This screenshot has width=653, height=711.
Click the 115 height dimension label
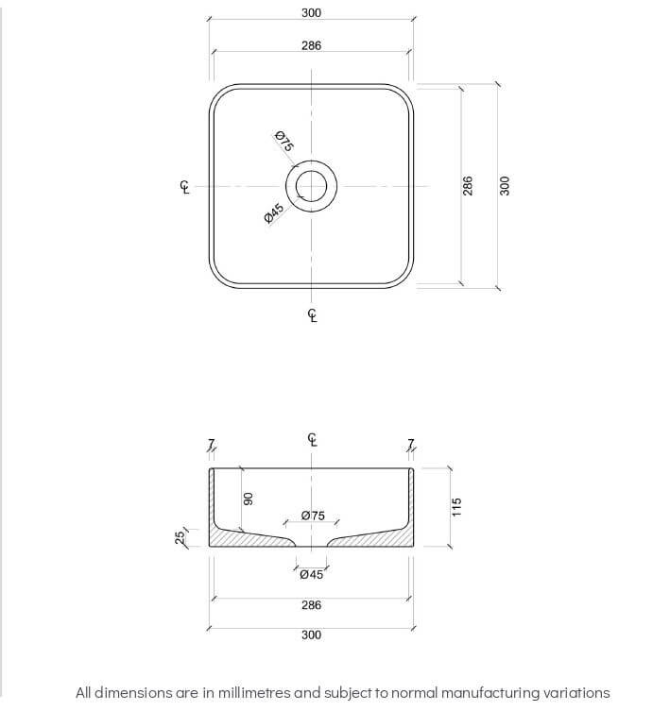[456, 507]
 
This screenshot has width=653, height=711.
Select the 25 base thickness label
[179, 537]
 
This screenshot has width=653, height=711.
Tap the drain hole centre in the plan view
[312, 186]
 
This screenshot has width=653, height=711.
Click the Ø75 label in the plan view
[284, 142]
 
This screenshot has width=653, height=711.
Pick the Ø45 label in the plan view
[273, 213]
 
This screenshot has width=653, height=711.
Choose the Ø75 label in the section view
[312, 516]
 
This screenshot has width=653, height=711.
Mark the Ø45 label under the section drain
[311, 574]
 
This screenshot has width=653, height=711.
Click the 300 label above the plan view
[312, 13]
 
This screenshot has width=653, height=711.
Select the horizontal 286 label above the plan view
[312, 45]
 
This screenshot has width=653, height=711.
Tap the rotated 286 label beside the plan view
[468, 185]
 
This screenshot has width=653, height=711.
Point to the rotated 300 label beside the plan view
[505, 185]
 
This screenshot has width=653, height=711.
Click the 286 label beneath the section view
[312, 605]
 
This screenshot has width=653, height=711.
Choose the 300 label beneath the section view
[312, 635]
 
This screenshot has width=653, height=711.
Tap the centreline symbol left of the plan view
[185, 187]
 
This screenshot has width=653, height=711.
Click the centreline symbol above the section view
[313, 439]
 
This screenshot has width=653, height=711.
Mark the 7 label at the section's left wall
[212, 445]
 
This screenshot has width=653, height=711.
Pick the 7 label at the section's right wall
[411, 445]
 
